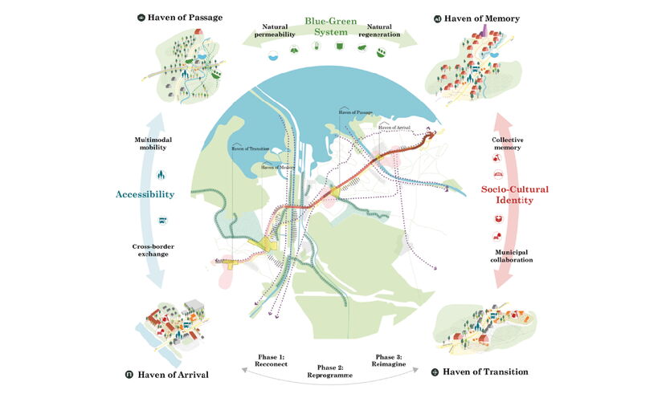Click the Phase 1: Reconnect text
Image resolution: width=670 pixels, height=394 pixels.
(x=266, y=360)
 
